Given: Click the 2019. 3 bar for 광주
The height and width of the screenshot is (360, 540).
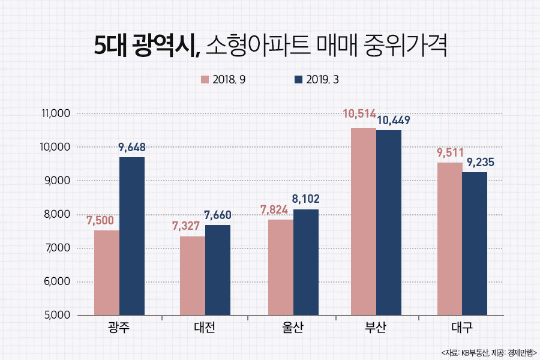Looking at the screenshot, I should point(132,236).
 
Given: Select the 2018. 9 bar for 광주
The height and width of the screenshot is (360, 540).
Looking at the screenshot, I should point(107,272).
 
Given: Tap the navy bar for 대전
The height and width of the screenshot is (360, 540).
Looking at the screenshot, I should point(218,270).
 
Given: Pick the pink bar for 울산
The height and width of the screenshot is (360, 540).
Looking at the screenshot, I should point(281,267).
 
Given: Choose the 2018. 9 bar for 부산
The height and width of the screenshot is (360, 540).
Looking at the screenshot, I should point(364,221).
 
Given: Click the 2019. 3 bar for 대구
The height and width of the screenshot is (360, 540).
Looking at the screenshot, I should point(475,244).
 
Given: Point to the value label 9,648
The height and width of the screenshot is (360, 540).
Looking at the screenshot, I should point(132,147).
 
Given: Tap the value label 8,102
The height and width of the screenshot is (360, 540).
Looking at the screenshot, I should point(307,198).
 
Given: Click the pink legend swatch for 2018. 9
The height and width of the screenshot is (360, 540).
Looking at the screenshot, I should point(205,80).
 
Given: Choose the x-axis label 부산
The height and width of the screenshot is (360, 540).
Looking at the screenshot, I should point(376,329).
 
